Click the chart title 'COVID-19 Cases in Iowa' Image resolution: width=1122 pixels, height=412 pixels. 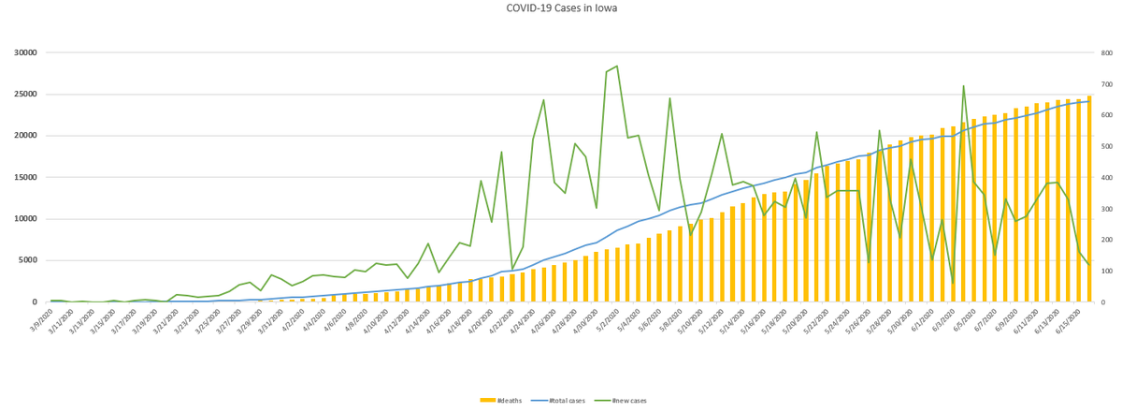click(561, 8)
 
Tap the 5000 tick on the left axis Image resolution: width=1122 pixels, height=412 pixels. click(25, 260)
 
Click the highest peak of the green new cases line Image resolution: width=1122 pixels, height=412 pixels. click(617, 66)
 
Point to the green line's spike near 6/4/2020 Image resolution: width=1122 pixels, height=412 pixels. click(963, 86)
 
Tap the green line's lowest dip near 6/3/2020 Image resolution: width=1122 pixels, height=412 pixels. click(953, 284)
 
